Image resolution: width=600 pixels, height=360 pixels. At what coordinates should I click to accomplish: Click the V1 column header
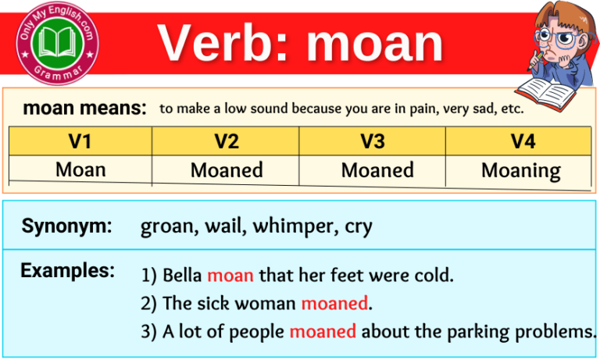pyautogui.click(x=80, y=141)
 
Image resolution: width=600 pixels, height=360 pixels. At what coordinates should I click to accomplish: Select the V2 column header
pyautogui.click(x=226, y=141)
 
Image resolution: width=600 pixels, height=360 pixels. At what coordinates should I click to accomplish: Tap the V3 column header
pyautogui.click(x=372, y=141)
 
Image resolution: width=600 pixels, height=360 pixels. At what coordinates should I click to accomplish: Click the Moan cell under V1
pyautogui.click(x=80, y=169)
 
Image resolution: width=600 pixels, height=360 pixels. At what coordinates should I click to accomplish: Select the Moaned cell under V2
pyautogui.click(x=226, y=170)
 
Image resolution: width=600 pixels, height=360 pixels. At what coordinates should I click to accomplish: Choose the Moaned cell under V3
pyautogui.click(x=377, y=170)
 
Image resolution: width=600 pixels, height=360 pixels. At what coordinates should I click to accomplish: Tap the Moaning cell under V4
pyautogui.click(x=521, y=171)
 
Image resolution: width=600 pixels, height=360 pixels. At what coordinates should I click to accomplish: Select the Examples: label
pyautogui.click(x=68, y=271)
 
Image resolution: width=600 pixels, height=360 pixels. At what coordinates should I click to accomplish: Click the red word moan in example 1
pyautogui.click(x=230, y=276)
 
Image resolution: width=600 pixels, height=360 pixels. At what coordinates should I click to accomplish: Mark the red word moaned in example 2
pyautogui.click(x=334, y=303)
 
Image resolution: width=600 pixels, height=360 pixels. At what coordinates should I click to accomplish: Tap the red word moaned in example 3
pyautogui.click(x=323, y=331)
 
